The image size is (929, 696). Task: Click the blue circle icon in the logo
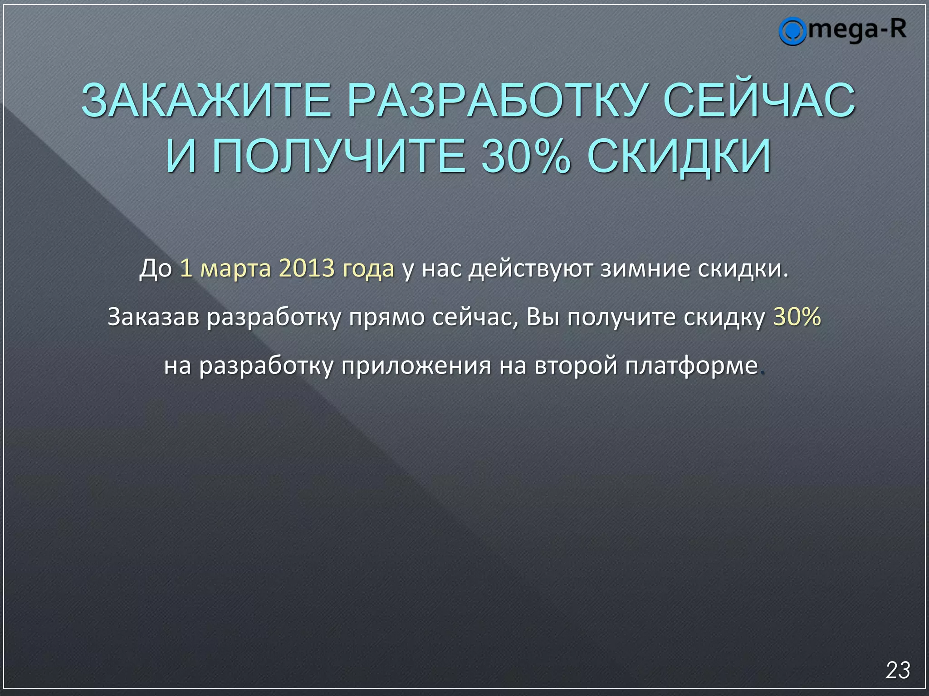tap(792, 31)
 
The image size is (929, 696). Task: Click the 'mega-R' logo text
tap(857, 30)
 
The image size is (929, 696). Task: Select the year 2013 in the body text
tap(306, 268)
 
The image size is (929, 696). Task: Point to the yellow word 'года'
tap(368, 269)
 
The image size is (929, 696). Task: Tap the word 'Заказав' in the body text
tap(153, 317)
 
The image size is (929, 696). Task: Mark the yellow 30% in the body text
tap(797, 316)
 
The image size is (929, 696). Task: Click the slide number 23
tap(898, 670)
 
